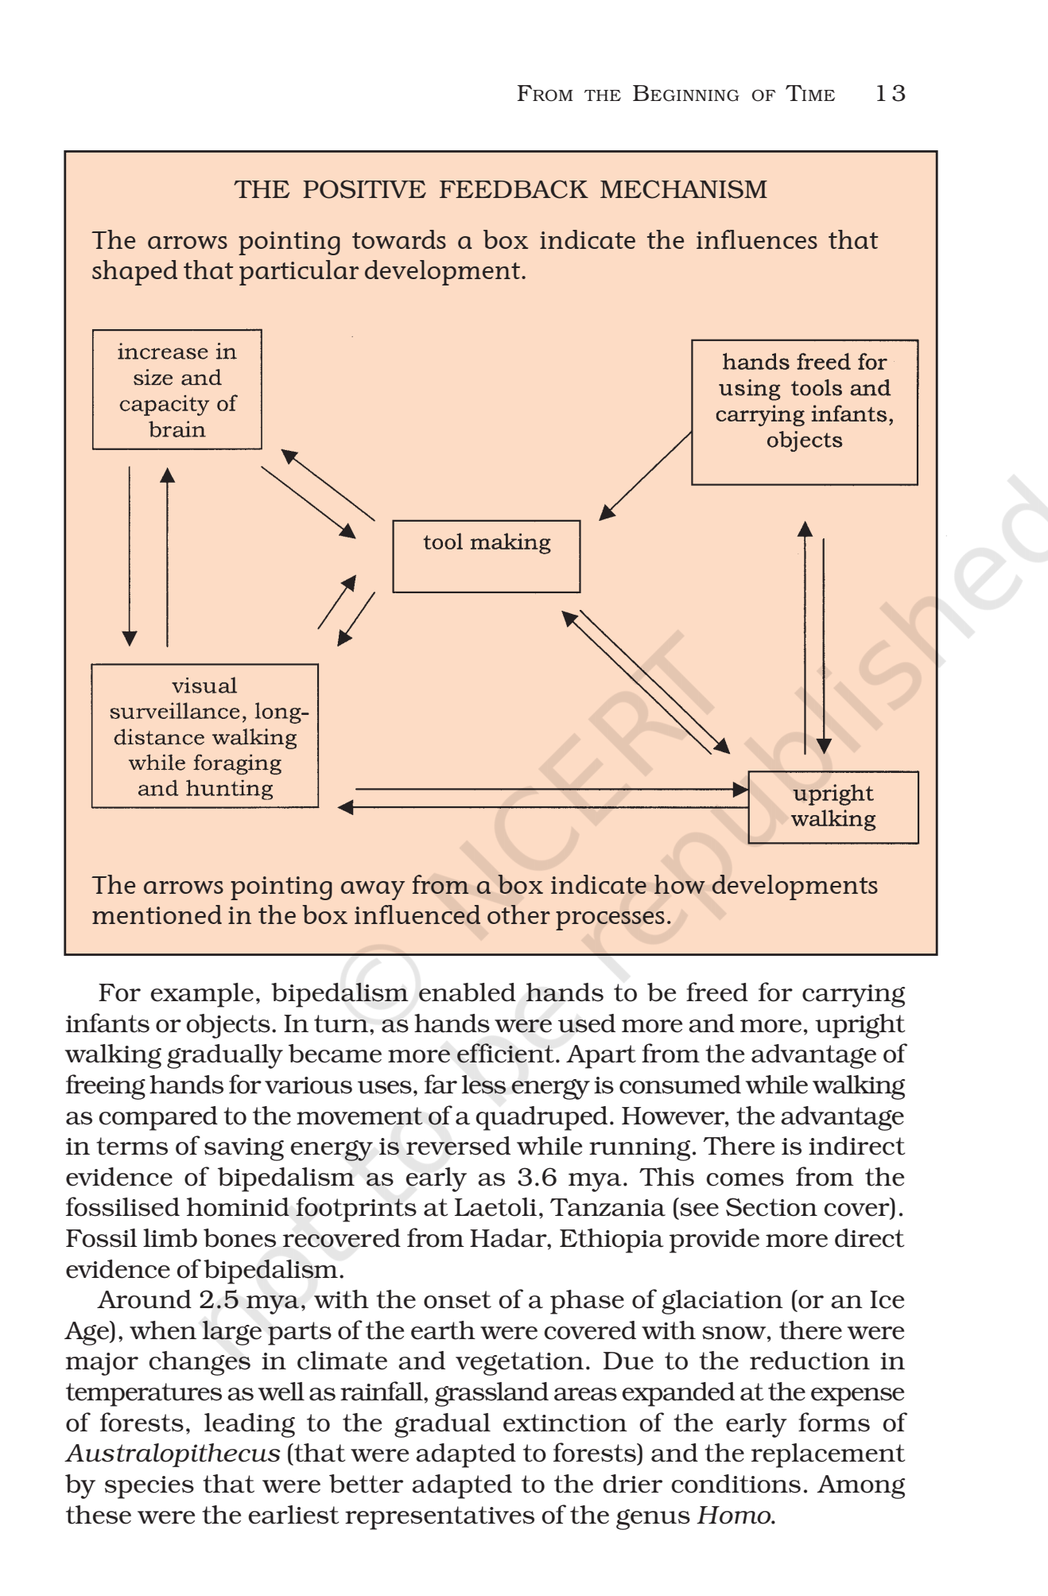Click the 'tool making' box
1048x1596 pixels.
point(486,556)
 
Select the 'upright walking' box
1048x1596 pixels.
point(833,806)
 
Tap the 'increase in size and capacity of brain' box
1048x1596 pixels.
point(177,390)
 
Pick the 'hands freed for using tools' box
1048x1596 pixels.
point(804,412)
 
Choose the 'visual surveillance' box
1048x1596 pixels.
point(204,736)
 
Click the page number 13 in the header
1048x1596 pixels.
point(890,94)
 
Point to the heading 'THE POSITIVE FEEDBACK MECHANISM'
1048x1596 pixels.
point(500,189)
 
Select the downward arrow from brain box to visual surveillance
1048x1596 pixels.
point(130,557)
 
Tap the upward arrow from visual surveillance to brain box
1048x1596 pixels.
point(167,557)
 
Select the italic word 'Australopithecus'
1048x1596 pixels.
point(173,1454)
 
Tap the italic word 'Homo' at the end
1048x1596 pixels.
point(733,1516)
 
